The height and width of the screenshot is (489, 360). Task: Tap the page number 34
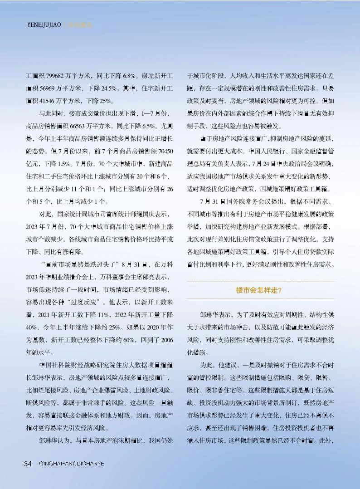point(28,463)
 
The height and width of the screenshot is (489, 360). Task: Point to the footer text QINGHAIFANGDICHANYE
point(72,463)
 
